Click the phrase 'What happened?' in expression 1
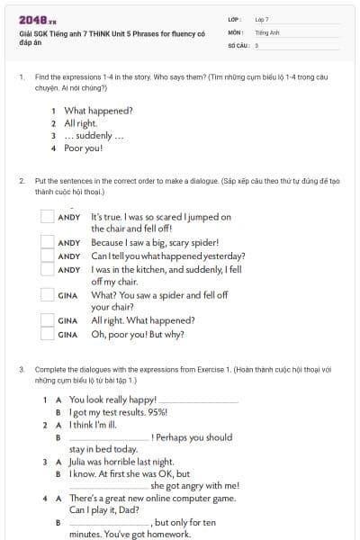click(99, 111)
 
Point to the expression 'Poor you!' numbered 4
click(84, 148)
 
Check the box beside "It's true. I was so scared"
click(48, 217)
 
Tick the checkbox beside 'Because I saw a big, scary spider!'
click(48, 243)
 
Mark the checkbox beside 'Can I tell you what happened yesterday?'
click(48, 256)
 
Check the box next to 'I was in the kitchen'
click(48, 269)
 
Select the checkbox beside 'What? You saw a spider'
click(48, 294)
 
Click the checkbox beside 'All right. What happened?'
click(48, 320)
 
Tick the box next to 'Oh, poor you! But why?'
click(48, 334)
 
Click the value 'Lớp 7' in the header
click(262, 19)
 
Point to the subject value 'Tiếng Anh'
click(266, 31)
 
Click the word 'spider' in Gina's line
click(173, 294)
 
